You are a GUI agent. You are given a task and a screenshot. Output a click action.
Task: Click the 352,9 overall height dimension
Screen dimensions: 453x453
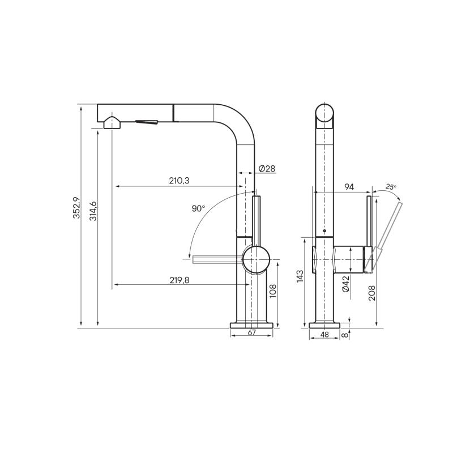[76, 207]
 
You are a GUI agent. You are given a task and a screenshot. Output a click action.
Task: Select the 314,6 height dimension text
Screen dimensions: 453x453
[93, 211]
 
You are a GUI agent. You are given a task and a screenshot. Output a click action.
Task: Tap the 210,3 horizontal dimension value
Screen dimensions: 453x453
[178, 181]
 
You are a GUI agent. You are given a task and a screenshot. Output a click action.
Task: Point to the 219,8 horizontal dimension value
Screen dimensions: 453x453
[179, 279]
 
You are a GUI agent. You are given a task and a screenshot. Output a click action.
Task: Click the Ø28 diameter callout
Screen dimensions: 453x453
[266, 169]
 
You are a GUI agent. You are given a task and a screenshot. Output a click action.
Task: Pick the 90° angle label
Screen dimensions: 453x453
[198, 208]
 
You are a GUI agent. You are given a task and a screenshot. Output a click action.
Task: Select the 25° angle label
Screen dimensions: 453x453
[391, 186]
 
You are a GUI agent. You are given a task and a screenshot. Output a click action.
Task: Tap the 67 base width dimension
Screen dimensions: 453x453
[252, 333]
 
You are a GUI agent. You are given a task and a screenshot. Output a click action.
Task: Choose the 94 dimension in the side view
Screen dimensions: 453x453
[349, 187]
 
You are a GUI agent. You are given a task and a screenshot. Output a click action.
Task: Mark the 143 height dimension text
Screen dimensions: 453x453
[300, 276]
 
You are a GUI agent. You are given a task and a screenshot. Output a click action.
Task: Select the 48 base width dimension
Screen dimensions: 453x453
[324, 335]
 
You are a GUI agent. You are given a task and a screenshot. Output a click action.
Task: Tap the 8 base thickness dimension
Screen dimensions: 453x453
[345, 335]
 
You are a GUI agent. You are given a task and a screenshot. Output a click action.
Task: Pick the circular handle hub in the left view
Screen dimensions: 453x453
[257, 260]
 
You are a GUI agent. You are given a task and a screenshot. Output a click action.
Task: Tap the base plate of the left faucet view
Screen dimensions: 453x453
[253, 325]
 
